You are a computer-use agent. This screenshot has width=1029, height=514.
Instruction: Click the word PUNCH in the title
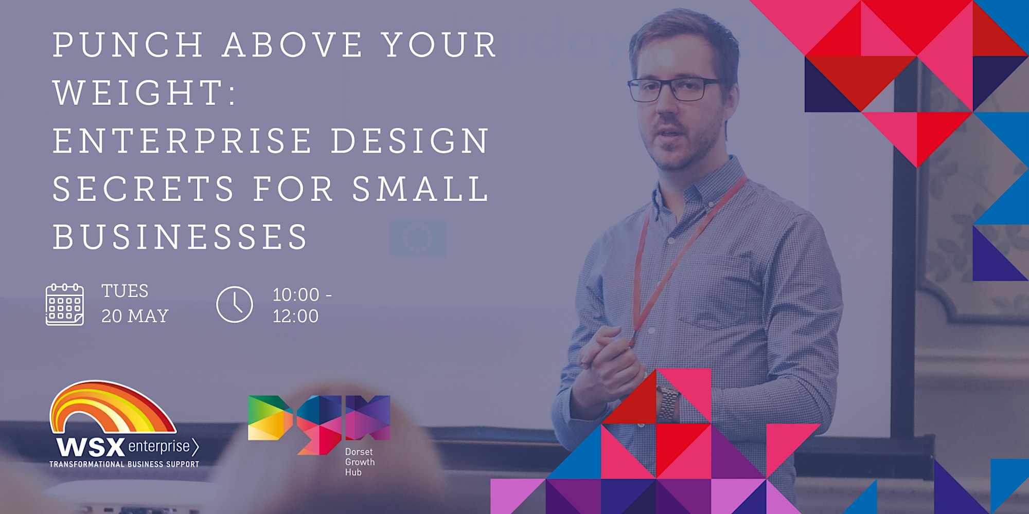[x=128, y=45]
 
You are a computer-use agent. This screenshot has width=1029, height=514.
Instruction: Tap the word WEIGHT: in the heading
[x=145, y=93]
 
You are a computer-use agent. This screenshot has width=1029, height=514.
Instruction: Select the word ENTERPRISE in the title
[x=183, y=141]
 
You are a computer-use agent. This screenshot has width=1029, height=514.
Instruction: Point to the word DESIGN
[x=410, y=141]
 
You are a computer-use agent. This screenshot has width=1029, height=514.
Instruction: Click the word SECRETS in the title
[x=144, y=189]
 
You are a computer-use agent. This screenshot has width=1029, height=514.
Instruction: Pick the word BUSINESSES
[x=180, y=237]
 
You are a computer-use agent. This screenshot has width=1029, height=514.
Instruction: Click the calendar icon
[x=65, y=304]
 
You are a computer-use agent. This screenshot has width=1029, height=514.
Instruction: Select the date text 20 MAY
[x=135, y=316]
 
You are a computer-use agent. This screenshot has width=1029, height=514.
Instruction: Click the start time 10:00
[x=296, y=295]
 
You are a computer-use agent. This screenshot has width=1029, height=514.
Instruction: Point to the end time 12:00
[x=296, y=316]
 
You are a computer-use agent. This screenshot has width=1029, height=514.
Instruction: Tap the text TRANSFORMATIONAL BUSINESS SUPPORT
[x=124, y=464]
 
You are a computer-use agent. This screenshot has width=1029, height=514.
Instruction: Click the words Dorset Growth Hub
[x=360, y=462]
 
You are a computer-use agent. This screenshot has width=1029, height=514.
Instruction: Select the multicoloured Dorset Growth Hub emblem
[x=319, y=425]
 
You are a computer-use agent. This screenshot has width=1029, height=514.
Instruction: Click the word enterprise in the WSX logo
[x=159, y=446]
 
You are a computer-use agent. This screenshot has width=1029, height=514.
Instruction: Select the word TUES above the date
[x=125, y=291]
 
